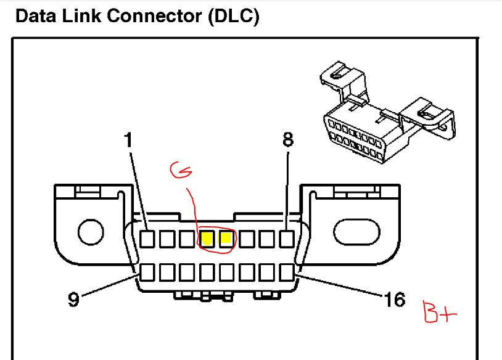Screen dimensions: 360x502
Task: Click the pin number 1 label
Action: [128, 141]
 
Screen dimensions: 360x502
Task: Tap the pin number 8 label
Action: [288, 140]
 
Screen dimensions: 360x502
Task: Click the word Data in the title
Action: [35, 17]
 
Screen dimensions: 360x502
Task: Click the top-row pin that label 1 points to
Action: [148, 239]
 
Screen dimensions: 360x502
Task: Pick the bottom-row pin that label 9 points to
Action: [148, 271]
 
